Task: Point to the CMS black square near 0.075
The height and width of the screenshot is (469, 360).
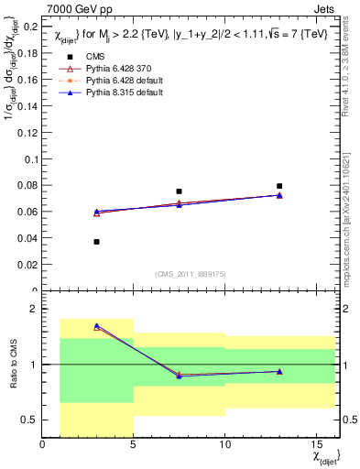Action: click(x=179, y=191)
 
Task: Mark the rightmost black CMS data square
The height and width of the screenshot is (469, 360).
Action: click(x=279, y=186)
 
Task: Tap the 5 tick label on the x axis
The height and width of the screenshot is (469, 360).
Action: click(x=134, y=446)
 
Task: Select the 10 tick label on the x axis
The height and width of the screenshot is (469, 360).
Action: click(x=224, y=446)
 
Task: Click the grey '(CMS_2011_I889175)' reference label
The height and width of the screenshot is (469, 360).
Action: click(x=180, y=273)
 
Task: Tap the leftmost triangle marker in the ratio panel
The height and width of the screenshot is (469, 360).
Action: click(x=96, y=326)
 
